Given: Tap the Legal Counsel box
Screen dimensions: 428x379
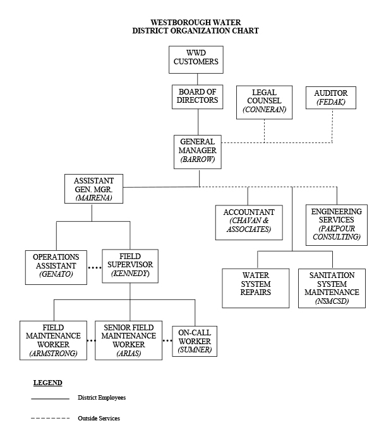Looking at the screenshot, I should pos(264,101).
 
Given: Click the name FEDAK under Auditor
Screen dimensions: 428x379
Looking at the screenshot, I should pos(331,101).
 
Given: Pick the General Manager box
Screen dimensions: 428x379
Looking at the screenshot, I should pos(198,151).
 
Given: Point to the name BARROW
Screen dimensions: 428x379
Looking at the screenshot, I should pos(198,160).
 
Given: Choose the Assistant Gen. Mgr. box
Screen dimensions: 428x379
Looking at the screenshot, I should pos(93,189).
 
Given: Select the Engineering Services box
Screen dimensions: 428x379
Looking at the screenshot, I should pos(336,224).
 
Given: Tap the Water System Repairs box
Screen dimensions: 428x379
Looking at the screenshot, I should pos(256,287).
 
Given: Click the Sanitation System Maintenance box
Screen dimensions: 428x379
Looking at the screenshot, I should pos(332,287).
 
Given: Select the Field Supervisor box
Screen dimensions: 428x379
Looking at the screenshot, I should pos(130,265).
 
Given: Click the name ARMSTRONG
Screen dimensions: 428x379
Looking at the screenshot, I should pos(53,354).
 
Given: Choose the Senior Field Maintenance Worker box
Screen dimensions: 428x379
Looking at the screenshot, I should pos(129,341).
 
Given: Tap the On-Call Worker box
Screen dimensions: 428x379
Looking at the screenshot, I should pos(195,341).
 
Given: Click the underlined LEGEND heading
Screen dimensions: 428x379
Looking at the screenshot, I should pos(47,383).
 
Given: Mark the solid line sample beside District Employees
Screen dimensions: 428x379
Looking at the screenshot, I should pos(49,399).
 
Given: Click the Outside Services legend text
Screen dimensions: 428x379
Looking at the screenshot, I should pos(99,418).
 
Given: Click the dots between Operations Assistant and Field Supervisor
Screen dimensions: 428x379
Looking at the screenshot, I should pos(93,267).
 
